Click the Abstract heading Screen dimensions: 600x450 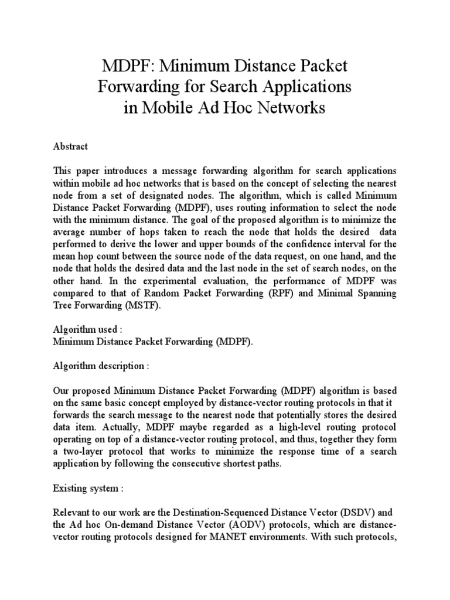tap(70, 147)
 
